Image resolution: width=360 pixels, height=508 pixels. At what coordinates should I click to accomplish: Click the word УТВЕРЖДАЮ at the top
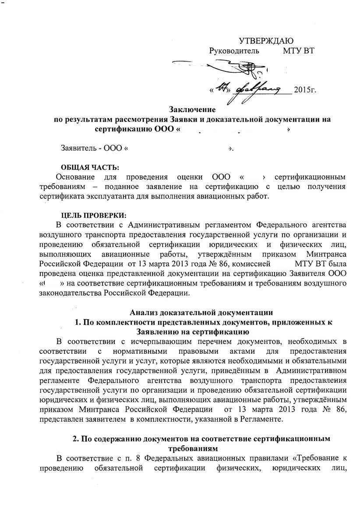coord(266,41)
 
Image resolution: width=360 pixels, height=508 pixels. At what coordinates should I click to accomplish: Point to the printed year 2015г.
coord(305,90)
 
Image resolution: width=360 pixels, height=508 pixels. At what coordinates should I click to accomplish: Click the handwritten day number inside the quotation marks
coord(223,88)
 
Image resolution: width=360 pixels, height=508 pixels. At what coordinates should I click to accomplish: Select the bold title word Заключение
coord(192,109)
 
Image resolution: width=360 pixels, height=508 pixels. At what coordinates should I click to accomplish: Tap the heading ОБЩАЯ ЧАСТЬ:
coord(89,168)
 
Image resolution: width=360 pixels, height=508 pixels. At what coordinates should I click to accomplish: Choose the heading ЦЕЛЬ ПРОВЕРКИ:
coord(93,215)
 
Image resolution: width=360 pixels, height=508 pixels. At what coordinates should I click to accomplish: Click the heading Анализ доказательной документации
coord(201,312)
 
